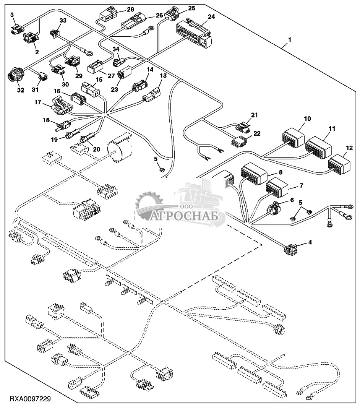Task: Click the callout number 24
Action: pyautogui.click(x=211, y=17)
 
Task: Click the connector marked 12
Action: pyautogui.click(x=339, y=164)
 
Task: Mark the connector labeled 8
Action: pyautogui.click(x=253, y=174)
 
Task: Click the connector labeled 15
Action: pyautogui.click(x=91, y=90)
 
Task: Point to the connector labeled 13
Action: pyautogui.click(x=152, y=95)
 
